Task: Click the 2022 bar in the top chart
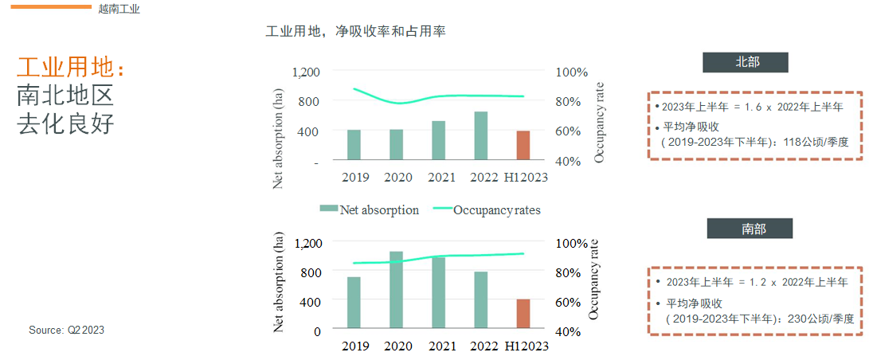(x=480, y=136)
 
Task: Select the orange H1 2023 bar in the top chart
(x=523, y=146)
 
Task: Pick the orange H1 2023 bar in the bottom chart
(x=523, y=314)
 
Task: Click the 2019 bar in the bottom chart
(x=354, y=303)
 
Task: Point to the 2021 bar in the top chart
(x=438, y=141)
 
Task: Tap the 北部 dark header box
(x=746, y=63)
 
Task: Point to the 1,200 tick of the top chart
(x=306, y=72)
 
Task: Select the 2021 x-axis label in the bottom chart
(x=441, y=346)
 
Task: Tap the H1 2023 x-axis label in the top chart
(x=526, y=177)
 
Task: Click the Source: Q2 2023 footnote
(x=67, y=330)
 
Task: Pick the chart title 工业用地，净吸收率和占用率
(x=355, y=32)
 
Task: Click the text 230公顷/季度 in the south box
(x=820, y=319)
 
